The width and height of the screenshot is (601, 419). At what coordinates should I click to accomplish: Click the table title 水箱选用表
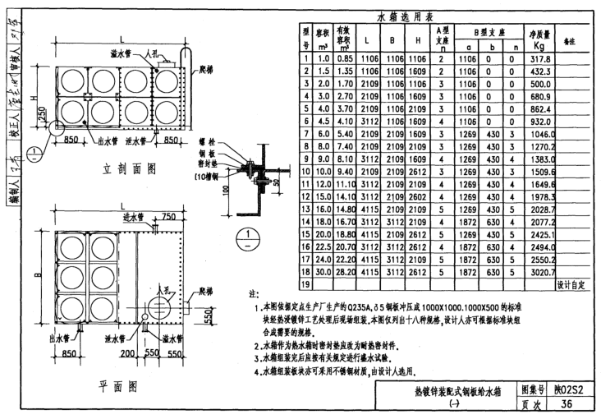coord(408,16)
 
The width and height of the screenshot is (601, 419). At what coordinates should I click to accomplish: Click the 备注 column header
coord(568,39)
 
